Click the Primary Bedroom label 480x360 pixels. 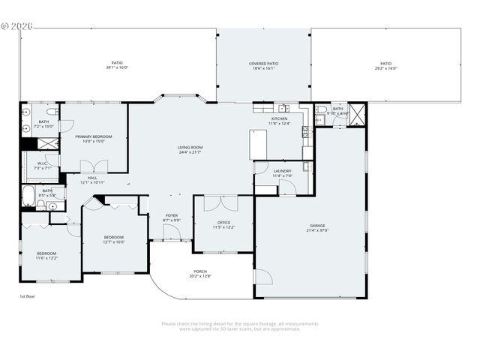tap(94, 136)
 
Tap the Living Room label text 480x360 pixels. tap(190, 148)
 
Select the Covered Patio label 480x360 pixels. tap(263, 64)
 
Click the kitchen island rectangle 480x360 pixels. tap(259, 144)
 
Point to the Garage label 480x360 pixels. tap(317, 225)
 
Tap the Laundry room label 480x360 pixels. tap(282, 171)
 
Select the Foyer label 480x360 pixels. tap(172, 216)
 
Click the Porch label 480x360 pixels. tap(200, 271)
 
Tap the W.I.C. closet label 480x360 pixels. tap(41, 163)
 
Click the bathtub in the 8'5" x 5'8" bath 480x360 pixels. tap(28, 197)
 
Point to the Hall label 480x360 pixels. tap(92, 178)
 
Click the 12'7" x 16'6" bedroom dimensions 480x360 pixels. tap(114, 242)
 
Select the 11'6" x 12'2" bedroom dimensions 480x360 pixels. tap(46, 258)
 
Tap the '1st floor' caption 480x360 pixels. tap(27, 296)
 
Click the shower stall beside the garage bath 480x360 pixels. tap(358, 114)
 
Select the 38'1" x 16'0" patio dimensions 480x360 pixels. tap(117, 68)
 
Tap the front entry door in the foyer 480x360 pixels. tap(172, 238)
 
